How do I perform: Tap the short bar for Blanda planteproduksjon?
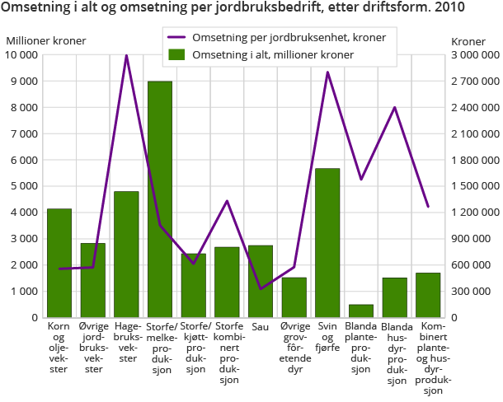pyautogui.click(x=361, y=311)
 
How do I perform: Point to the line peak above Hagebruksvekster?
pyautogui.click(x=126, y=55)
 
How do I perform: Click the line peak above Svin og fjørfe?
pyautogui.click(x=327, y=72)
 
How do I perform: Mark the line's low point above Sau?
pyautogui.click(x=261, y=288)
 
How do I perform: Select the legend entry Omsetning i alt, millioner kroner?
pyautogui.click(x=272, y=54)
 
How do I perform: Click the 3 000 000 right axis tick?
pyautogui.click(x=473, y=55)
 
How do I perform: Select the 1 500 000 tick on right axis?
pyautogui.click(x=473, y=186)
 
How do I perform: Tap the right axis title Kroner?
pyautogui.click(x=468, y=40)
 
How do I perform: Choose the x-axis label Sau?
pyautogui.click(x=261, y=327)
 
